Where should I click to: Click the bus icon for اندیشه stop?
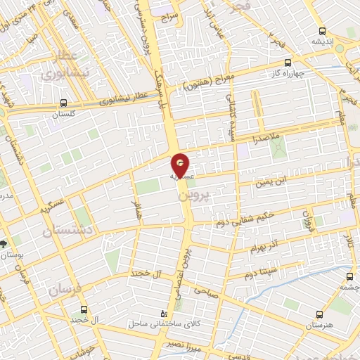[x=322, y=30]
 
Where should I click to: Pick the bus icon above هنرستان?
[x=318, y=315]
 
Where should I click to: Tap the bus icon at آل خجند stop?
[x=84, y=310]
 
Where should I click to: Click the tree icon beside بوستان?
[x=5, y=243]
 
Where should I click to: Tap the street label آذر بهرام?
[x=264, y=247]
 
